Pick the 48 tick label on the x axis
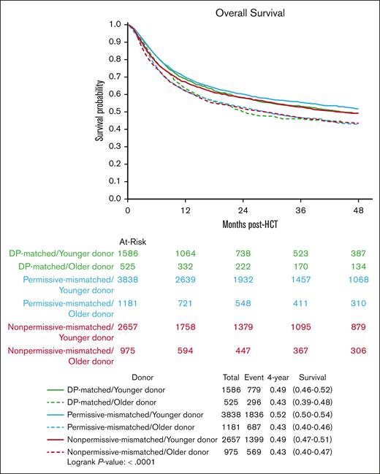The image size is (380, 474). [360, 210]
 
